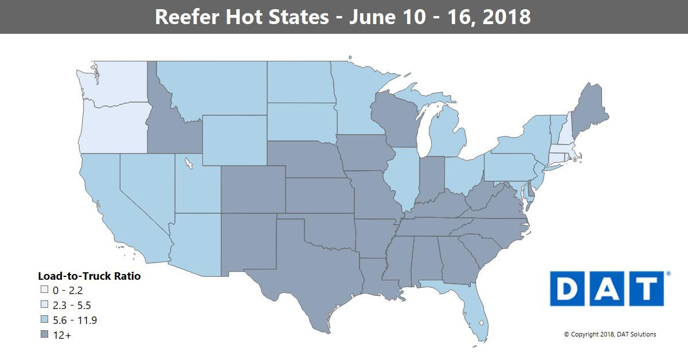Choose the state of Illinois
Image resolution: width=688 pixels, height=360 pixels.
pyautogui.click(x=405, y=178)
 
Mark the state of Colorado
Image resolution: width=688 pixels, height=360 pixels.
pyautogui.click(x=252, y=189)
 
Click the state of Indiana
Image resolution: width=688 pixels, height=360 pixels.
pyautogui.click(x=432, y=181)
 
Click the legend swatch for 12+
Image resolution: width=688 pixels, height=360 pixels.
pyautogui.click(x=44, y=335)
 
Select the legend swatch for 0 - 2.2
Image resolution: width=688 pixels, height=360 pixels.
pyautogui.click(x=44, y=291)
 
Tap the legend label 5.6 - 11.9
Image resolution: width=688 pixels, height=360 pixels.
pyautogui.click(x=74, y=320)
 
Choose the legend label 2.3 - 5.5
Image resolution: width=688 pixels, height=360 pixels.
pyautogui.click(x=71, y=306)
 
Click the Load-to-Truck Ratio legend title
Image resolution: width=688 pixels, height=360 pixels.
pyautogui.click(x=89, y=276)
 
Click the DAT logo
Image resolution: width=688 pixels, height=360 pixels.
pyautogui.click(x=607, y=289)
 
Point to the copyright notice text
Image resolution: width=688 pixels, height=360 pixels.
pyautogui.click(x=610, y=334)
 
